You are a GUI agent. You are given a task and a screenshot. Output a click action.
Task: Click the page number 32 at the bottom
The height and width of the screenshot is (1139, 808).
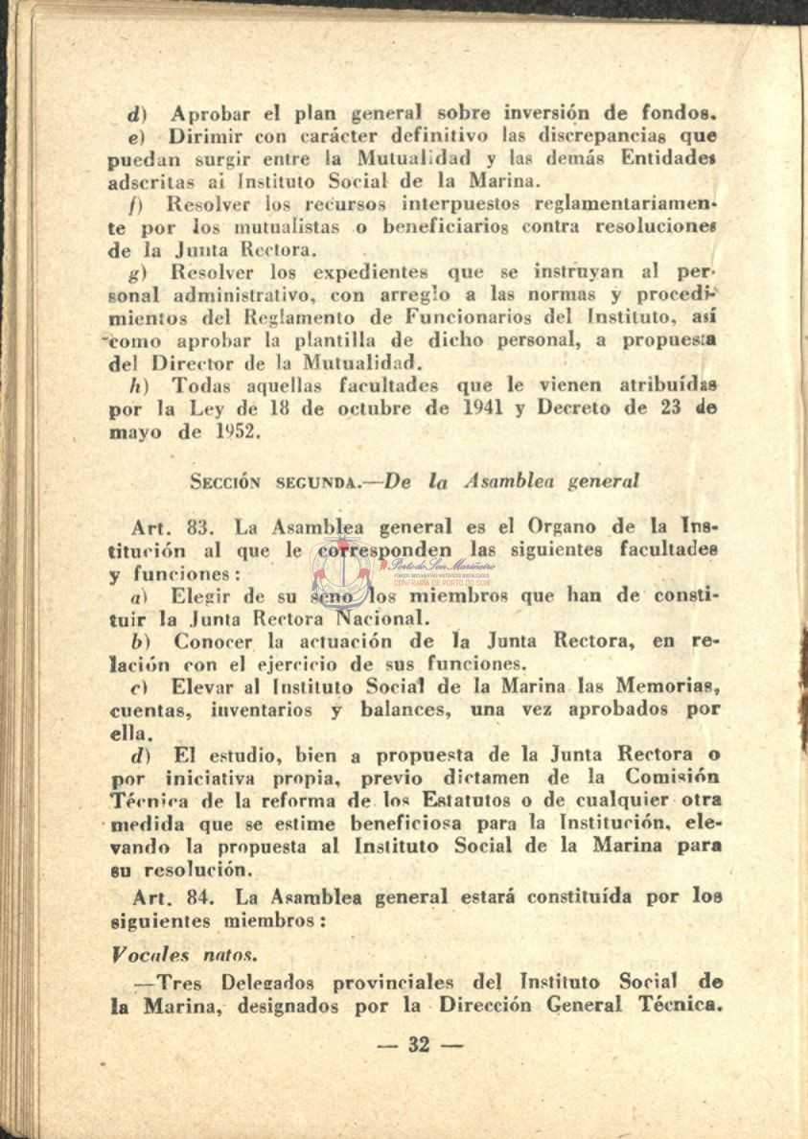[419, 1044]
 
